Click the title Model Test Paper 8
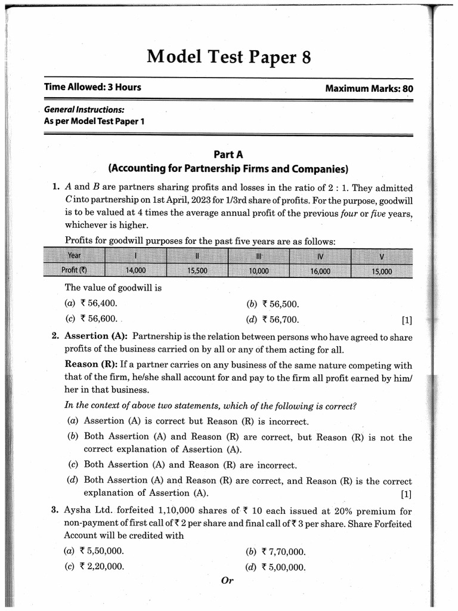tap(228, 57)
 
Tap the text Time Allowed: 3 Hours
tap(92, 87)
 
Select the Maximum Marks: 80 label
tap(369, 88)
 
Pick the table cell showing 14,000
tap(135, 270)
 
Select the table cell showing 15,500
tap(197, 270)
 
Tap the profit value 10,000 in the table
tap(258, 270)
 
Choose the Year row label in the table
tap(75, 255)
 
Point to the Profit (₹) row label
tap(75, 270)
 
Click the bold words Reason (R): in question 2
tap(91, 364)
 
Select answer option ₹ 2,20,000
tap(101, 566)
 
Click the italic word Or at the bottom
tap(227, 581)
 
